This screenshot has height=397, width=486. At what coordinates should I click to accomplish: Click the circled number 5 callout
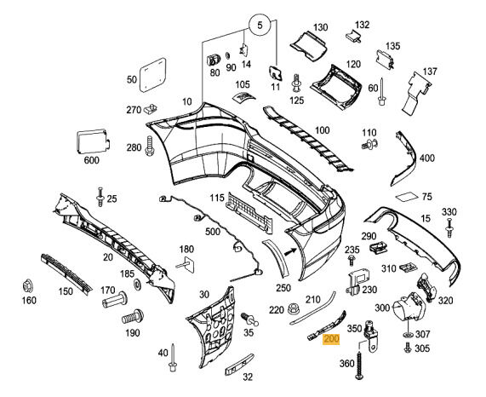260,25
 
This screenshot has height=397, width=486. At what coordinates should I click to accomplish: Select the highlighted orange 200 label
331,340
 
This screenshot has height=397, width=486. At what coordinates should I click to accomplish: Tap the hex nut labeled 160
28,285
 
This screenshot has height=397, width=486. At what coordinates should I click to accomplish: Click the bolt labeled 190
133,317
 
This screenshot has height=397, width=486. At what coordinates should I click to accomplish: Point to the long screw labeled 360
359,365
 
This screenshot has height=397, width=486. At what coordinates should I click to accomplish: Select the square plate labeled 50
152,75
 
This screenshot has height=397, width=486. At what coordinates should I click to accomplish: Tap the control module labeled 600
93,142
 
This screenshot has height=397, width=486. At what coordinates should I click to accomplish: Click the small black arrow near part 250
289,251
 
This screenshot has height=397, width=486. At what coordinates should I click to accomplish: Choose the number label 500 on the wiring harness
213,232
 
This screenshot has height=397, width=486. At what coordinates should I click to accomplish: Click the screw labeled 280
150,146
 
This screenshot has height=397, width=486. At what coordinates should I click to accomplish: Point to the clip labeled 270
151,108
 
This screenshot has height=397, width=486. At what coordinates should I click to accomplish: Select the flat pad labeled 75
407,198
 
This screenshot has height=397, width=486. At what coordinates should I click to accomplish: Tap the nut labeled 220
292,309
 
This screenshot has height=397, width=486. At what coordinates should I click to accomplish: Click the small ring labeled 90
228,56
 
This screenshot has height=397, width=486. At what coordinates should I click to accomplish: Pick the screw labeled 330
449,228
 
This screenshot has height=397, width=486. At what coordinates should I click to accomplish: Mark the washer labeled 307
409,334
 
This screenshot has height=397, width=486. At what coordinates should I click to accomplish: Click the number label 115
217,198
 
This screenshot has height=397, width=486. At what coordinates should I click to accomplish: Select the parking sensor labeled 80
214,60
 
